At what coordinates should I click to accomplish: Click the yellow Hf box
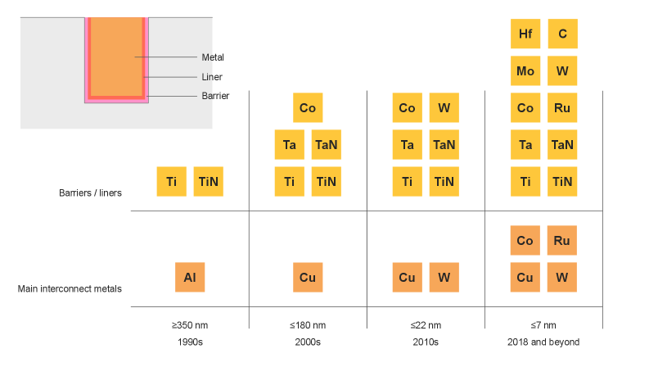point(525,34)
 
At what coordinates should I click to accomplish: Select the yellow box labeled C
point(562,34)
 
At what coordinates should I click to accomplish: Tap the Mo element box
point(525,71)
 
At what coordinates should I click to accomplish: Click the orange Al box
point(190,278)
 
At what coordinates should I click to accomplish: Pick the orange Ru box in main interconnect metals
point(562,241)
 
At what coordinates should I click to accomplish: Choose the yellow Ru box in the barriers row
point(562,108)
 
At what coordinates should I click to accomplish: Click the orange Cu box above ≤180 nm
point(308,278)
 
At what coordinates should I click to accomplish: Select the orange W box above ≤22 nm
point(444,278)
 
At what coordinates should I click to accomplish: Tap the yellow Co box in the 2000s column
point(308,108)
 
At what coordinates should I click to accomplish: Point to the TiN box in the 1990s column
point(209,182)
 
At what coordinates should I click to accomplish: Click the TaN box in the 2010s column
point(444,145)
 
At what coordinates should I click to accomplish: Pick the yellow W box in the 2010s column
point(444,108)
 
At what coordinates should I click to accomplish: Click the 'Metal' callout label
point(213,57)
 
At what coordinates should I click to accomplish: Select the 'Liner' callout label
point(212,77)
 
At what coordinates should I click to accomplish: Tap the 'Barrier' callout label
point(215,96)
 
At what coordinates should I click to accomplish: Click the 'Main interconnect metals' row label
point(70,288)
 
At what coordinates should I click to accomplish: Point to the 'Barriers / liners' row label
point(90,193)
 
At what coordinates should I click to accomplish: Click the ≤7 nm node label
point(543,325)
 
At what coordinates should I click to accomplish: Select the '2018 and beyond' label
point(543,342)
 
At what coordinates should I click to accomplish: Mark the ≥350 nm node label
point(189,325)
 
